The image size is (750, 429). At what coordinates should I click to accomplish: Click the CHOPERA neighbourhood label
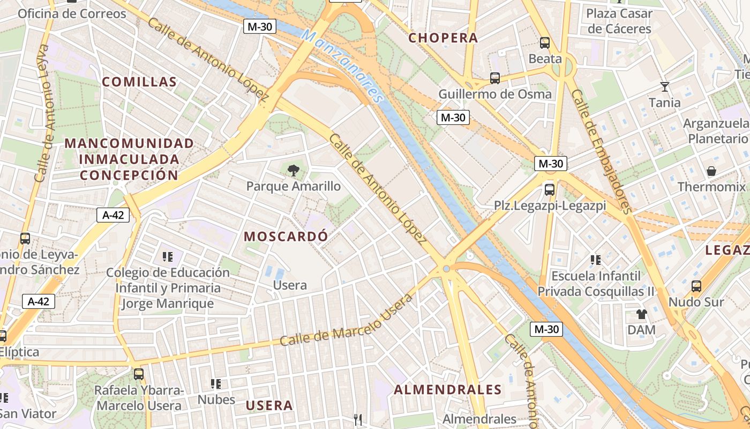pyautogui.click(x=442, y=38)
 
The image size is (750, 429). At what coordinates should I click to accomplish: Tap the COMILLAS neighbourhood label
pyautogui.click(x=139, y=82)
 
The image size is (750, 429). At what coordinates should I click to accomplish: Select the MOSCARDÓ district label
pyautogui.click(x=286, y=236)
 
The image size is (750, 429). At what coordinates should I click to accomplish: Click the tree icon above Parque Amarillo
pyautogui.click(x=293, y=171)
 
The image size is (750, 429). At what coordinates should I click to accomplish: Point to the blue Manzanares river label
pyautogui.click(x=343, y=65)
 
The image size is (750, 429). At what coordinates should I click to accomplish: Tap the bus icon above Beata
pyautogui.click(x=545, y=43)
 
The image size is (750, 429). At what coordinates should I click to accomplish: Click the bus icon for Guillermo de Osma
pyautogui.click(x=495, y=78)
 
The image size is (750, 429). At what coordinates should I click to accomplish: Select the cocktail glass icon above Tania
pyautogui.click(x=665, y=86)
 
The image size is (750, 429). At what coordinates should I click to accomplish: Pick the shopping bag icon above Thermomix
pyautogui.click(x=711, y=172)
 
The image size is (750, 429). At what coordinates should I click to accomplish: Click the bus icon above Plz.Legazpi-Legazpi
pyautogui.click(x=550, y=189)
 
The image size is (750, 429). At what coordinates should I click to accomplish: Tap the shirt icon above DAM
pyautogui.click(x=641, y=314)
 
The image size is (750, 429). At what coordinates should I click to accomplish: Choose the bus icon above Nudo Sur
pyautogui.click(x=696, y=286)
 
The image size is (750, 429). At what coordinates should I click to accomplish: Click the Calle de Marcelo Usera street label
pyautogui.click(x=346, y=320)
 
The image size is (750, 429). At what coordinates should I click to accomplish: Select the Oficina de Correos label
pyautogui.click(x=72, y=13)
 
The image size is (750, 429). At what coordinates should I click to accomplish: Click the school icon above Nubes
pyautogui.click(x=216, y=383)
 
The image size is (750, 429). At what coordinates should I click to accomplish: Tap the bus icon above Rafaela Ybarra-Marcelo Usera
pyautogui.click(x=139, y=374)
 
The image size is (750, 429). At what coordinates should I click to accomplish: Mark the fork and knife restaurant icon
pyautogui.click(x=358, y=419)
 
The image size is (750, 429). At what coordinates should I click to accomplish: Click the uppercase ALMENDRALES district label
pyautogui.click(x=447, y=390)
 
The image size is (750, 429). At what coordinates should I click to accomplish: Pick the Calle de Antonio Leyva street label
pyautogui.click(x=43, y=113)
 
